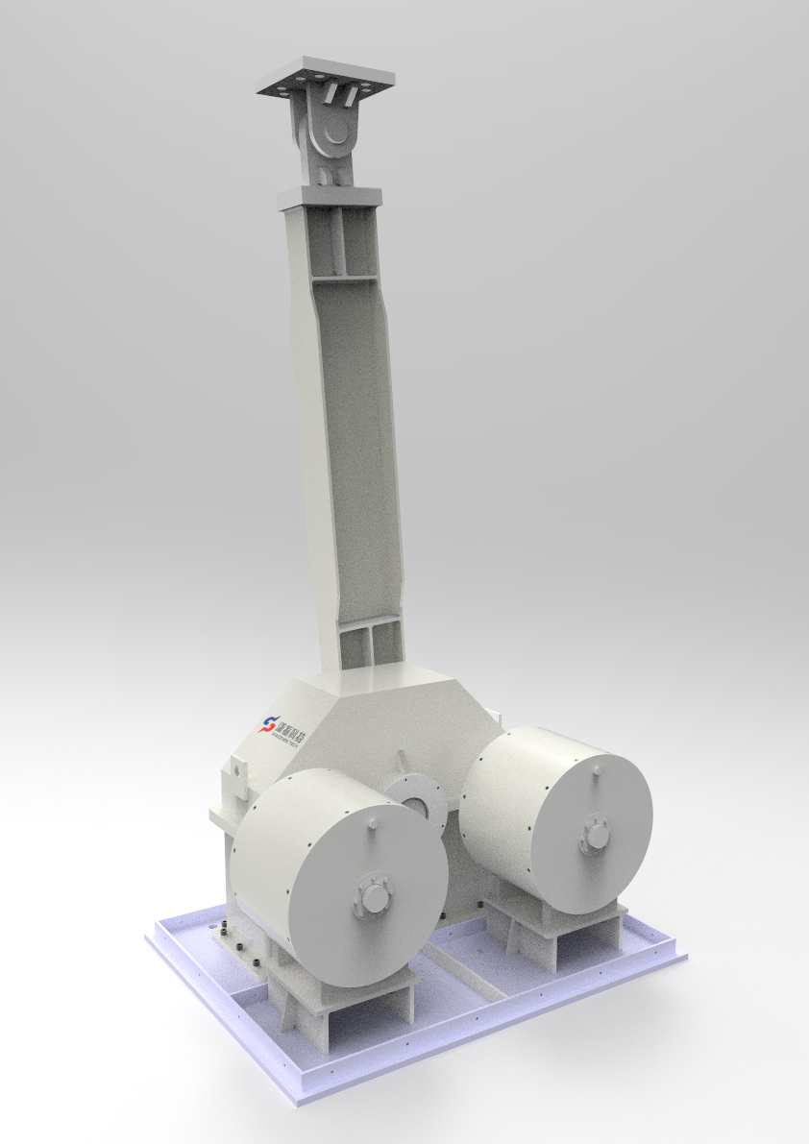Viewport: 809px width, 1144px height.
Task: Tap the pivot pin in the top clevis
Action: point(336,132)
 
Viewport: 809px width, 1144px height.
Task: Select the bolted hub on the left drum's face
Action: point(371,898)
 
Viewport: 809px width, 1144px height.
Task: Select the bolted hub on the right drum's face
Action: point(597,832)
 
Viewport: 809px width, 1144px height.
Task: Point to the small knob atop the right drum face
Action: point(596,769)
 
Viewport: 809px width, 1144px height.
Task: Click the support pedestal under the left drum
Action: point(341,1004)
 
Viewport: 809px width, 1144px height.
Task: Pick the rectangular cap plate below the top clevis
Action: point(329,197)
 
